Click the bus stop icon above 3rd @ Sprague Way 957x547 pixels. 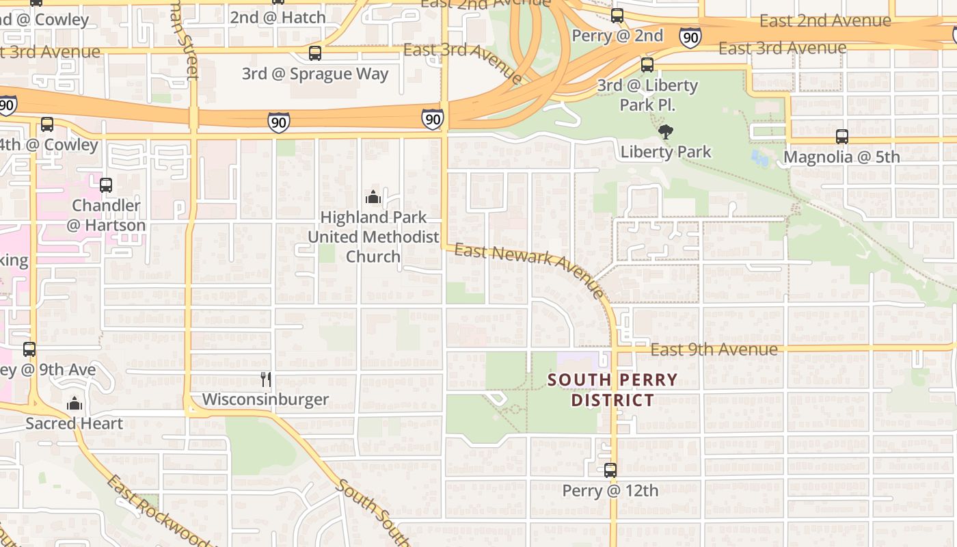(x=315, y=53)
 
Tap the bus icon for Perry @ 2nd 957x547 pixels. (x=617, y=16)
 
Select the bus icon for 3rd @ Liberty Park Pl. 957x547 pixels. (x=647, y=66)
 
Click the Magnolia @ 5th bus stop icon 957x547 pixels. (x=842, y=137)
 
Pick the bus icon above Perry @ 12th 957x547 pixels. (x=610, y=470)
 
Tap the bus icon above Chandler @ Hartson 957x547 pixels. (x=106, y=185)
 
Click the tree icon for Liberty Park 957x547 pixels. (x=665, y=132)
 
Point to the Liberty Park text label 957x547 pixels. (x=666, y=152)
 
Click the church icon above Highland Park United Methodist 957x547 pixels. (x=373, y=198)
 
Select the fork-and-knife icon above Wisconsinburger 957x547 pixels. (x=266, y=379)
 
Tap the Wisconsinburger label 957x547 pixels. (x=265, y=399)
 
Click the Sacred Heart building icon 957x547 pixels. (x=75, y=404)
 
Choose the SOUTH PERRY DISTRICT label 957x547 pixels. (x=612, y=390)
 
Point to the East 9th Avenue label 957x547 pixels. (x=714, y=349)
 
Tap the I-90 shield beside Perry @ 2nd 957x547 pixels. (x=690, y=37)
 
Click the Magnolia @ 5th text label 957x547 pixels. (x=841, y=157)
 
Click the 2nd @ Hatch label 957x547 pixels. (x=278, y=18)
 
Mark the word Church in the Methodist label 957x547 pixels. (x=373, y=256)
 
